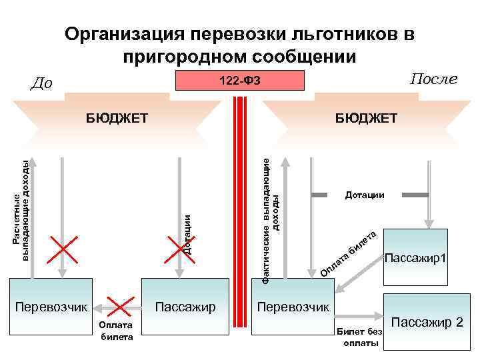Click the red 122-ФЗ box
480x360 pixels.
coord(239,81)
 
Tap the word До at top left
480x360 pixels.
coord(42,83)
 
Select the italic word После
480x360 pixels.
coord(433,79)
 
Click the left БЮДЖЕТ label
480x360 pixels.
coord(117,119)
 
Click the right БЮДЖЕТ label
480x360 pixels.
coord(366,119)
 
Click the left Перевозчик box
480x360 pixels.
coord(52,307)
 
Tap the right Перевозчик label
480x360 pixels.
coord(293,307)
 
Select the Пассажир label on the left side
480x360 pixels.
coord(185,307)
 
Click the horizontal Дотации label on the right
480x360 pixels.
coord(365,195)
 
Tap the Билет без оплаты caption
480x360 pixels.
coord(360,337)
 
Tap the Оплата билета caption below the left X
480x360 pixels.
coord(116,331)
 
